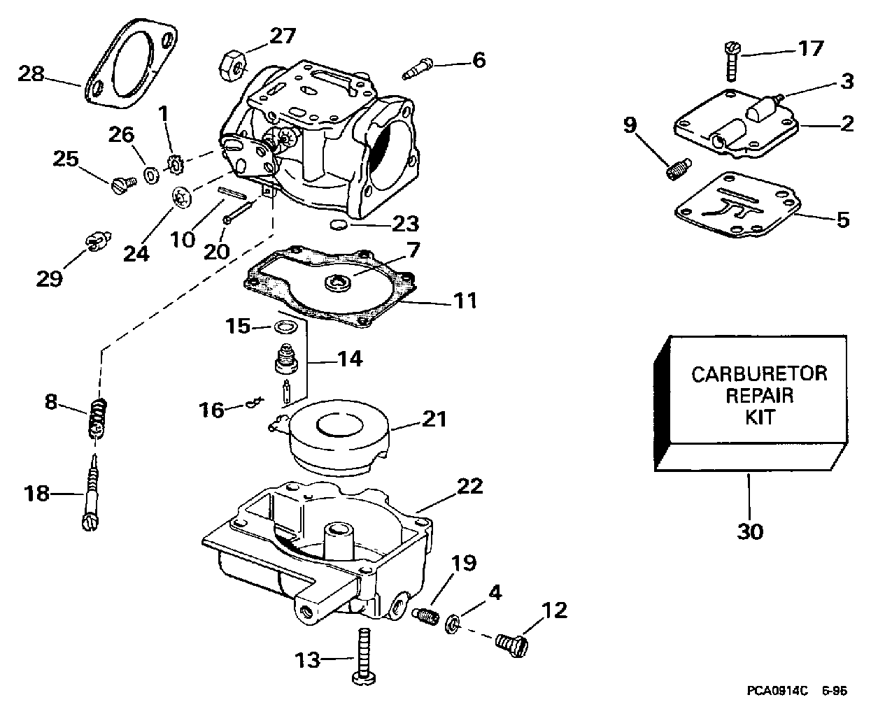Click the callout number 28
click(x=31, y=74)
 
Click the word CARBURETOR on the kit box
click(x=759, y=374)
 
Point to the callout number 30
click(x=750, y=531)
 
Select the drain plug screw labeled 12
click(x=511, y=646)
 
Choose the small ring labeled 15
click(x=285, y=328)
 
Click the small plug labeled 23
click(x=339, y=225)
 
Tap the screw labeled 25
click(x=124, y=185)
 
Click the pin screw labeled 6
click(x=417, y=69)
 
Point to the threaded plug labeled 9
click(x=679, y=169)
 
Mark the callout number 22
click(x=469, y=487)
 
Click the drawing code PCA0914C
click(x=777, y=690)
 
